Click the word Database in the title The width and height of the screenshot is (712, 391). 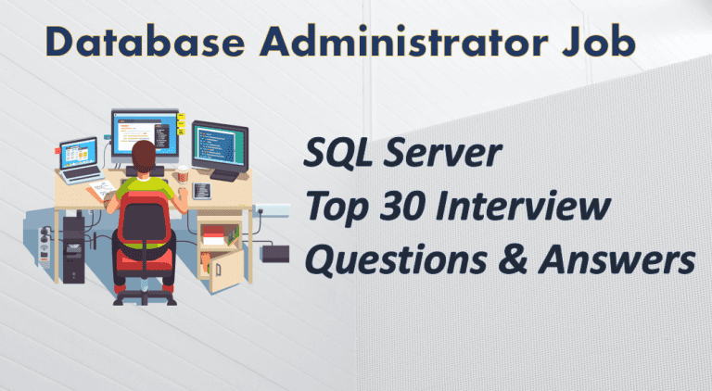click(145, 42)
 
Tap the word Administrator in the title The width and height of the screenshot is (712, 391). click(404, 42)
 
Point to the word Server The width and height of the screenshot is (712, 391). click(442, 153)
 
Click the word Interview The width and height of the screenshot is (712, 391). click(522, 206)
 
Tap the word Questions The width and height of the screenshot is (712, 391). click(396, 260)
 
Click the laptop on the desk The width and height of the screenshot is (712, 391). click(81, 160)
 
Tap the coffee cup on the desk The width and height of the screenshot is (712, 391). click(183, 174)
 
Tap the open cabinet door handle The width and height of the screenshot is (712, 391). click(218, 271)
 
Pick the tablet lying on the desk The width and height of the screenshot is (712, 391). click(201, 191)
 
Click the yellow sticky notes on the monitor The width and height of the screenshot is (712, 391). click(181, 123)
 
